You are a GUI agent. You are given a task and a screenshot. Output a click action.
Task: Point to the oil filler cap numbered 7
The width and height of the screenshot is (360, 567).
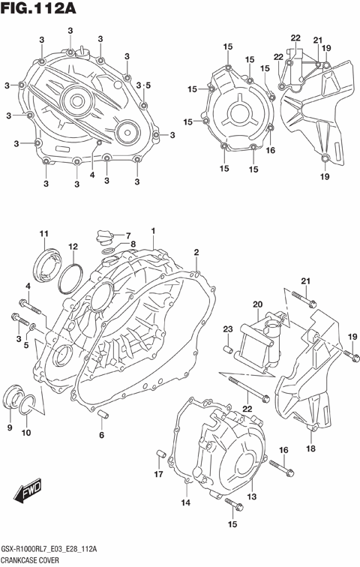click(x=103, y=238)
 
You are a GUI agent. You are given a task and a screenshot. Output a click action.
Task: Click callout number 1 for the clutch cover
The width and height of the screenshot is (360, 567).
click(x=153, y=230)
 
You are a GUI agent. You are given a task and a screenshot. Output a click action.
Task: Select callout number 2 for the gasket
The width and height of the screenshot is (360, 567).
click(x=196, y=252)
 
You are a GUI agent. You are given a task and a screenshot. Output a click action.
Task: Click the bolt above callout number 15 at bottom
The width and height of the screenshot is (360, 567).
click(x=232, y=505)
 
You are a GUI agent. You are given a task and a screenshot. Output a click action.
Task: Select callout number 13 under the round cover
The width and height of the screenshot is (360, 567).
click(x=252, y=496)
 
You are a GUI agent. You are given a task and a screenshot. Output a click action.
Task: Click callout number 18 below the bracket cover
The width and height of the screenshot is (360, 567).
click(x=310, y=448)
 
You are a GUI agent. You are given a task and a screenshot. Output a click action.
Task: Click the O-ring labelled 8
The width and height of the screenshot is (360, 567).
click(x=108, y=250)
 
